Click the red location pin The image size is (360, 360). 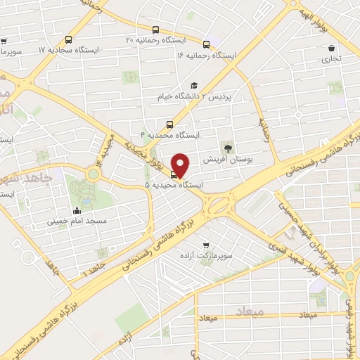click(x=181, y=164)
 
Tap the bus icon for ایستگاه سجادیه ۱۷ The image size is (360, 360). click(x=67, y=40)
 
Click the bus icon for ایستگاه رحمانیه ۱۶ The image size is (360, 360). click(x=206, y=44)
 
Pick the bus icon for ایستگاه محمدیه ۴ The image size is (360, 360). click(x=179, y=123)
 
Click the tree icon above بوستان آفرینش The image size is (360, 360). click(x=227, y=148)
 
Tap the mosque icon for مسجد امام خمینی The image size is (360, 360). click(x=77, y=210)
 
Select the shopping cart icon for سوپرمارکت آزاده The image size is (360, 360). click(x=205, y=246)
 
